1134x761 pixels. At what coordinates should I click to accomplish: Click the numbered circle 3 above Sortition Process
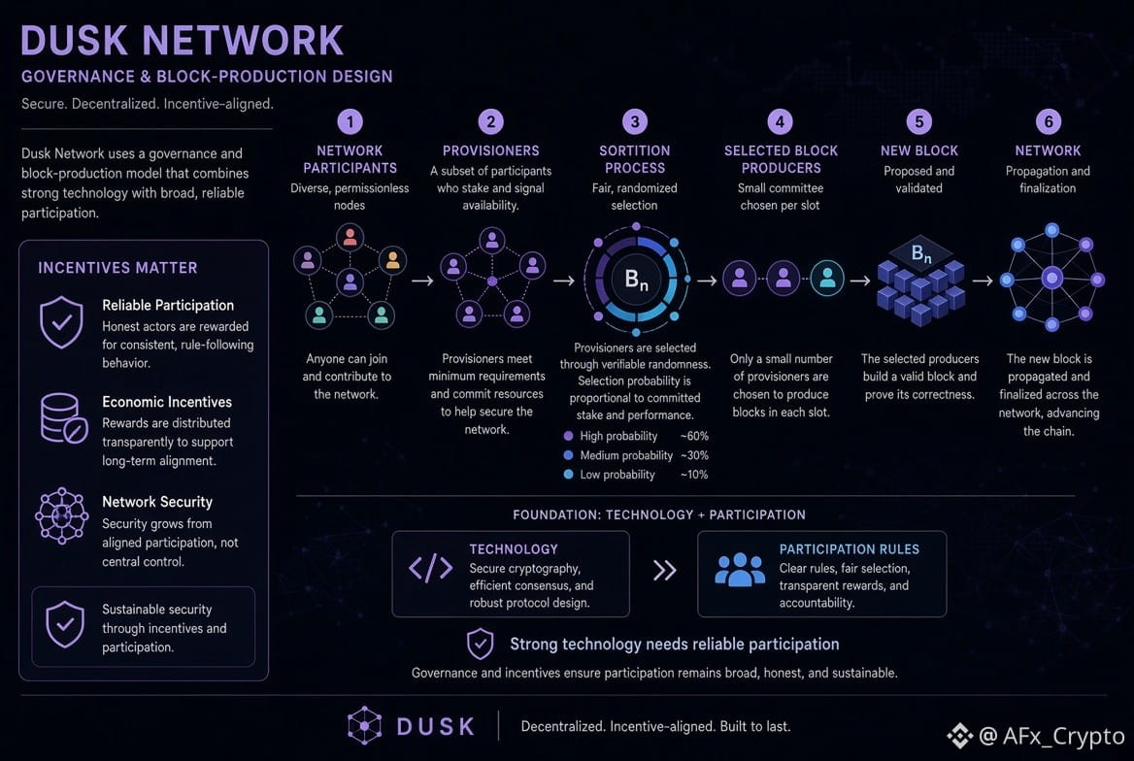(635, 121)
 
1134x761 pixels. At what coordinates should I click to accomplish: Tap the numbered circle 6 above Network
(1048, 121)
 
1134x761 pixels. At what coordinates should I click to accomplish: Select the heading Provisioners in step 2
(490, 150)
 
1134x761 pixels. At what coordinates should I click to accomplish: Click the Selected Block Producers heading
(781, 159)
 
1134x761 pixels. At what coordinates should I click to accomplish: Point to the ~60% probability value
(694, 436)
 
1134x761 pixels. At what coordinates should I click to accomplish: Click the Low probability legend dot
(568, 475)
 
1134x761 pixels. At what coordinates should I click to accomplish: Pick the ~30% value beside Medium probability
(694, 455)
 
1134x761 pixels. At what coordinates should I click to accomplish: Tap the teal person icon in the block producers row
(827, 277)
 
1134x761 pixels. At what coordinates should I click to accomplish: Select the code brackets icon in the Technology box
(431, 569)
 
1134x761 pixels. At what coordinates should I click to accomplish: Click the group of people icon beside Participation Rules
(739, 570)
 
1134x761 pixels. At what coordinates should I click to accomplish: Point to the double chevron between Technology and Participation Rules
(665, 571)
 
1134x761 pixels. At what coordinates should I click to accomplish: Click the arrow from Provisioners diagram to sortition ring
(564, 281)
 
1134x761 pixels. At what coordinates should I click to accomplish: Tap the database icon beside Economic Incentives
(64, 418)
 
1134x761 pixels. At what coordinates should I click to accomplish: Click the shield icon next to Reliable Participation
(61, 322)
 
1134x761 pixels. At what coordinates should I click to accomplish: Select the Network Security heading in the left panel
(157, 501)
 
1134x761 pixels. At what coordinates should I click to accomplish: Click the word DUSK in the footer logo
(435, 726)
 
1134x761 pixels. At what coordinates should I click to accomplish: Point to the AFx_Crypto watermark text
(1062, 736)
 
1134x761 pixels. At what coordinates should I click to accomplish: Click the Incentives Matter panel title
(117, 268)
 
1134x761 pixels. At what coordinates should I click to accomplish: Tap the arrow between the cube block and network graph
(983, 281)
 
